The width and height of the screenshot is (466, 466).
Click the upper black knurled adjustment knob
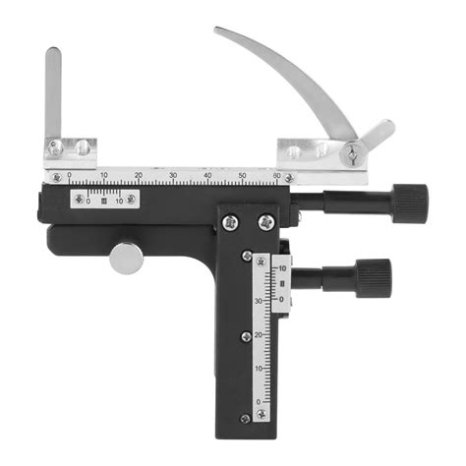pos(408,203)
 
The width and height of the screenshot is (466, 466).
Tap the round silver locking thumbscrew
pos(125,258)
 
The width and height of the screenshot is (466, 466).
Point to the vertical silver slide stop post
pos(52,93)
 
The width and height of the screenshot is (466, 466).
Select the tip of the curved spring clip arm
pos(219,32)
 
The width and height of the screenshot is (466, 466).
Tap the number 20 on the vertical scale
pos(260,334)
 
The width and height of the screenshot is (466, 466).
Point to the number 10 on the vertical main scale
pos(260,368)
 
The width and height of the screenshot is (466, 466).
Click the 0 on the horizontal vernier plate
pos(87,201)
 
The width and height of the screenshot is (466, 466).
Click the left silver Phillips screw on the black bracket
pos(229,222)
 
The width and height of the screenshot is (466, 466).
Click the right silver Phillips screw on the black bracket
pos(263,223)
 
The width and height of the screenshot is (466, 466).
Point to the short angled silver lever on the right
pos(377,135)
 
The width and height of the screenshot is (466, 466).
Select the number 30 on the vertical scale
pos(260,300)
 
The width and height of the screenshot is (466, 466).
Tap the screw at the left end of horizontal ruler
pos(56,178)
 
